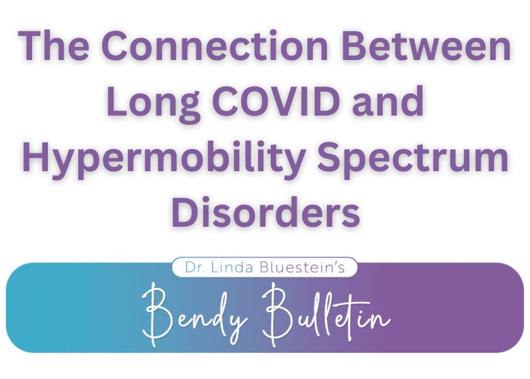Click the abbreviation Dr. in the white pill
pos(194,267)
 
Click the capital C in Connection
pos(119,48)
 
